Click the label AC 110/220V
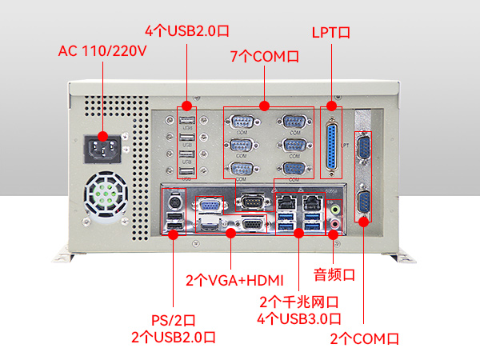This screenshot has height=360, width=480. (103, 51)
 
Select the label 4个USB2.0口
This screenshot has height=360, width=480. (187, 30)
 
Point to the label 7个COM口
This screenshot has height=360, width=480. (265, 57)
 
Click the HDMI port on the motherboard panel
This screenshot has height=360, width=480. (210, 226)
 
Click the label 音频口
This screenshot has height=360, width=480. (334, 274)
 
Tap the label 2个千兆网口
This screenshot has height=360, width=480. (299, 302)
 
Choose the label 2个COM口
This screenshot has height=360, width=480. (364, 339)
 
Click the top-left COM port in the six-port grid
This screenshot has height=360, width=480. (241, 122)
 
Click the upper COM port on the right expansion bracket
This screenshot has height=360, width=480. (362, 150)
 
